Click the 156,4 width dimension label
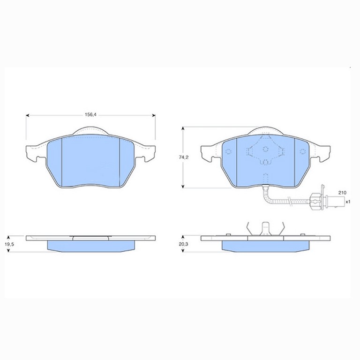click(x=90, y=114)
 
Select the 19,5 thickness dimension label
click(x=9, y=244)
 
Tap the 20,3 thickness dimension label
click(x=183, y=244)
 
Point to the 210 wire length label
click(x=342, y=193)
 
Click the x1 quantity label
click(x=348, y=202)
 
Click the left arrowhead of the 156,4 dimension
click(x=28, y=115)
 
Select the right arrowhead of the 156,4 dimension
click(x=154, y=115)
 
